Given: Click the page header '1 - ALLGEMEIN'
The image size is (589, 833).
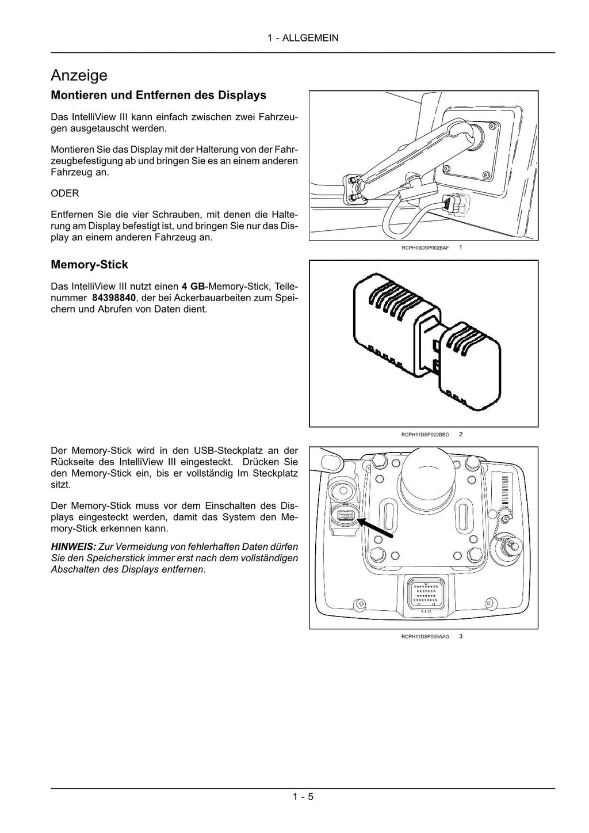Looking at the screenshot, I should (303, 38).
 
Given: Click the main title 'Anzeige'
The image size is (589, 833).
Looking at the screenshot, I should (79, 75).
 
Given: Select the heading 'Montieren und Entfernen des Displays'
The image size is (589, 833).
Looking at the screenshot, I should (158, 95).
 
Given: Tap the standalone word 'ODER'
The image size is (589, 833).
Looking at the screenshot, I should (65, 193).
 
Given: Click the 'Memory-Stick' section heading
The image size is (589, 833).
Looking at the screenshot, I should (89, 265).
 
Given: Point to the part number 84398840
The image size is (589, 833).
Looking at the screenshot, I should (114, 298).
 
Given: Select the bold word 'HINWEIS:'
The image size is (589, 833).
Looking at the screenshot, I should (73, 547).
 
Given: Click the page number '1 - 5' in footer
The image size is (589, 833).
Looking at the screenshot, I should (303, 797).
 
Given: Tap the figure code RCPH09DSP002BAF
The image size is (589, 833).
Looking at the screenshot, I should (425, 248).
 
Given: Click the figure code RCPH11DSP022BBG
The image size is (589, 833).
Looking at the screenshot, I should (425, 435).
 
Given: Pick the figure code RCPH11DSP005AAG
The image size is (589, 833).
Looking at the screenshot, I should (425, 637).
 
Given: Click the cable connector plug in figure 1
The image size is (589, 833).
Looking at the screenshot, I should (455, 204).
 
